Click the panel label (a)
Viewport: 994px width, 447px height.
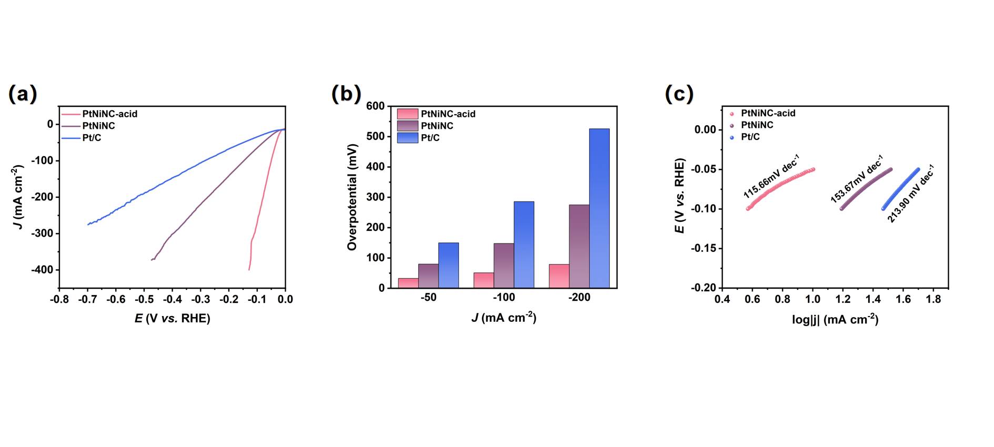pos(23,94)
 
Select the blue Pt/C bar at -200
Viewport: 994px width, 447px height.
pos(599,208)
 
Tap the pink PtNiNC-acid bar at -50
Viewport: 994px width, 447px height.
pos(408,283)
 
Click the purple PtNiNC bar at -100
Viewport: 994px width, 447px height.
pos(504,266)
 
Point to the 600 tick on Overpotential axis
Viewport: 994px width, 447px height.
pos(376,106)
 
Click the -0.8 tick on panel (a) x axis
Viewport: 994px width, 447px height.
pos(59,299)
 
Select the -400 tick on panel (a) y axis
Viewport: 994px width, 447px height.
pos(43,270)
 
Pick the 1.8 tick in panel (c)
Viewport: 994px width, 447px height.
pos(933,299)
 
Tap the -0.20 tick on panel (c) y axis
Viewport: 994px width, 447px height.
pos(703,288)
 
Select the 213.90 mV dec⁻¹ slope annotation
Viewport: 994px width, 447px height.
pos(911,194)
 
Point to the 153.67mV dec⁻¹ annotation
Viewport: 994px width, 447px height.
pos(857,179)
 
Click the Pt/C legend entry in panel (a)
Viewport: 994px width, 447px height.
pos(92,138)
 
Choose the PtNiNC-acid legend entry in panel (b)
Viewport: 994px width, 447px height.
pos(448,114)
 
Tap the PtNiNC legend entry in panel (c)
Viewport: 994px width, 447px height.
pos(757,125)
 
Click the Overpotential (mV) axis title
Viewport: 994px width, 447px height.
pos(352,197)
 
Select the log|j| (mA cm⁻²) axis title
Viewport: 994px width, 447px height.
pos(835,319)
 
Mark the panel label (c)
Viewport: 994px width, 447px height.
pos(679,94)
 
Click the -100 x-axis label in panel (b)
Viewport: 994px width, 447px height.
pos(504,298)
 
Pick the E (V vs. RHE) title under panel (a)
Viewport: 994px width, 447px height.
pos(172,318)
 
